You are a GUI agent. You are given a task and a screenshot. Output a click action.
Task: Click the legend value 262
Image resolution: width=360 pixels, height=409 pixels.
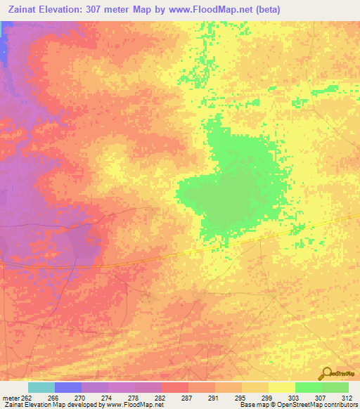tap(25, 397)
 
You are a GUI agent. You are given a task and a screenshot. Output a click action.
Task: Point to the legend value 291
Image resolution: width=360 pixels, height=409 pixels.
tap(212, 397)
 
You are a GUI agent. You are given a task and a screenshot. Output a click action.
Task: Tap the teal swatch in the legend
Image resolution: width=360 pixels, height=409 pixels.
tap(41, 387)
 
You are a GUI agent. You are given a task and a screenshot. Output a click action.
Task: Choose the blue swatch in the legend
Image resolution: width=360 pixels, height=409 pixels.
tap(68, 387)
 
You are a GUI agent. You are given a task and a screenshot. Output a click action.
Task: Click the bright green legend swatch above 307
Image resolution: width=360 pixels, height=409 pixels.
tap(309, 387)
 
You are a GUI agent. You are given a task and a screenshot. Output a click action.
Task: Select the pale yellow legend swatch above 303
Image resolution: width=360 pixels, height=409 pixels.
tap(282, 387)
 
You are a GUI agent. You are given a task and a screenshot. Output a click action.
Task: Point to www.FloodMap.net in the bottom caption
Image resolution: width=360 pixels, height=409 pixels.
tap(134, 405)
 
